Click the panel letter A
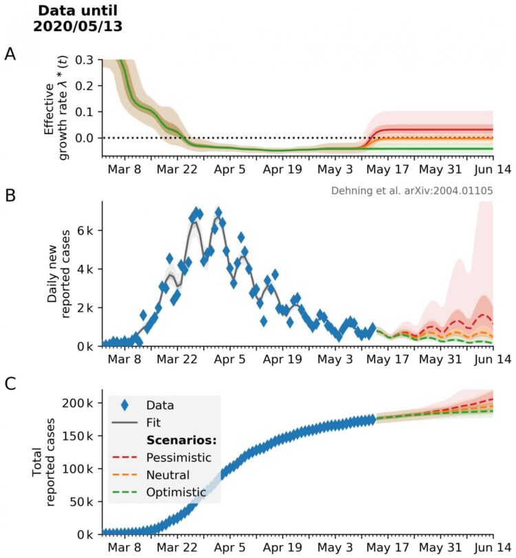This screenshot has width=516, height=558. (10, 54)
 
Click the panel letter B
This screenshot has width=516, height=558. (10, 194)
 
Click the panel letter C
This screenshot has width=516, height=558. (10, 385)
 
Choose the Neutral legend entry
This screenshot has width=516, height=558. (167, 475)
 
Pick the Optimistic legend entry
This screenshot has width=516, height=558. (175, 492)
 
